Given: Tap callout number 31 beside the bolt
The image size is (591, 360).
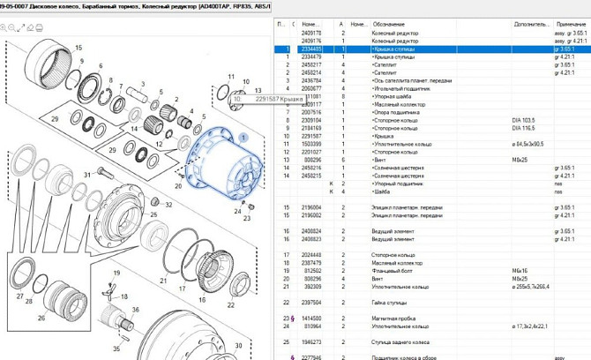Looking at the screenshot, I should pyautogui.click(x=87, y=176).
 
